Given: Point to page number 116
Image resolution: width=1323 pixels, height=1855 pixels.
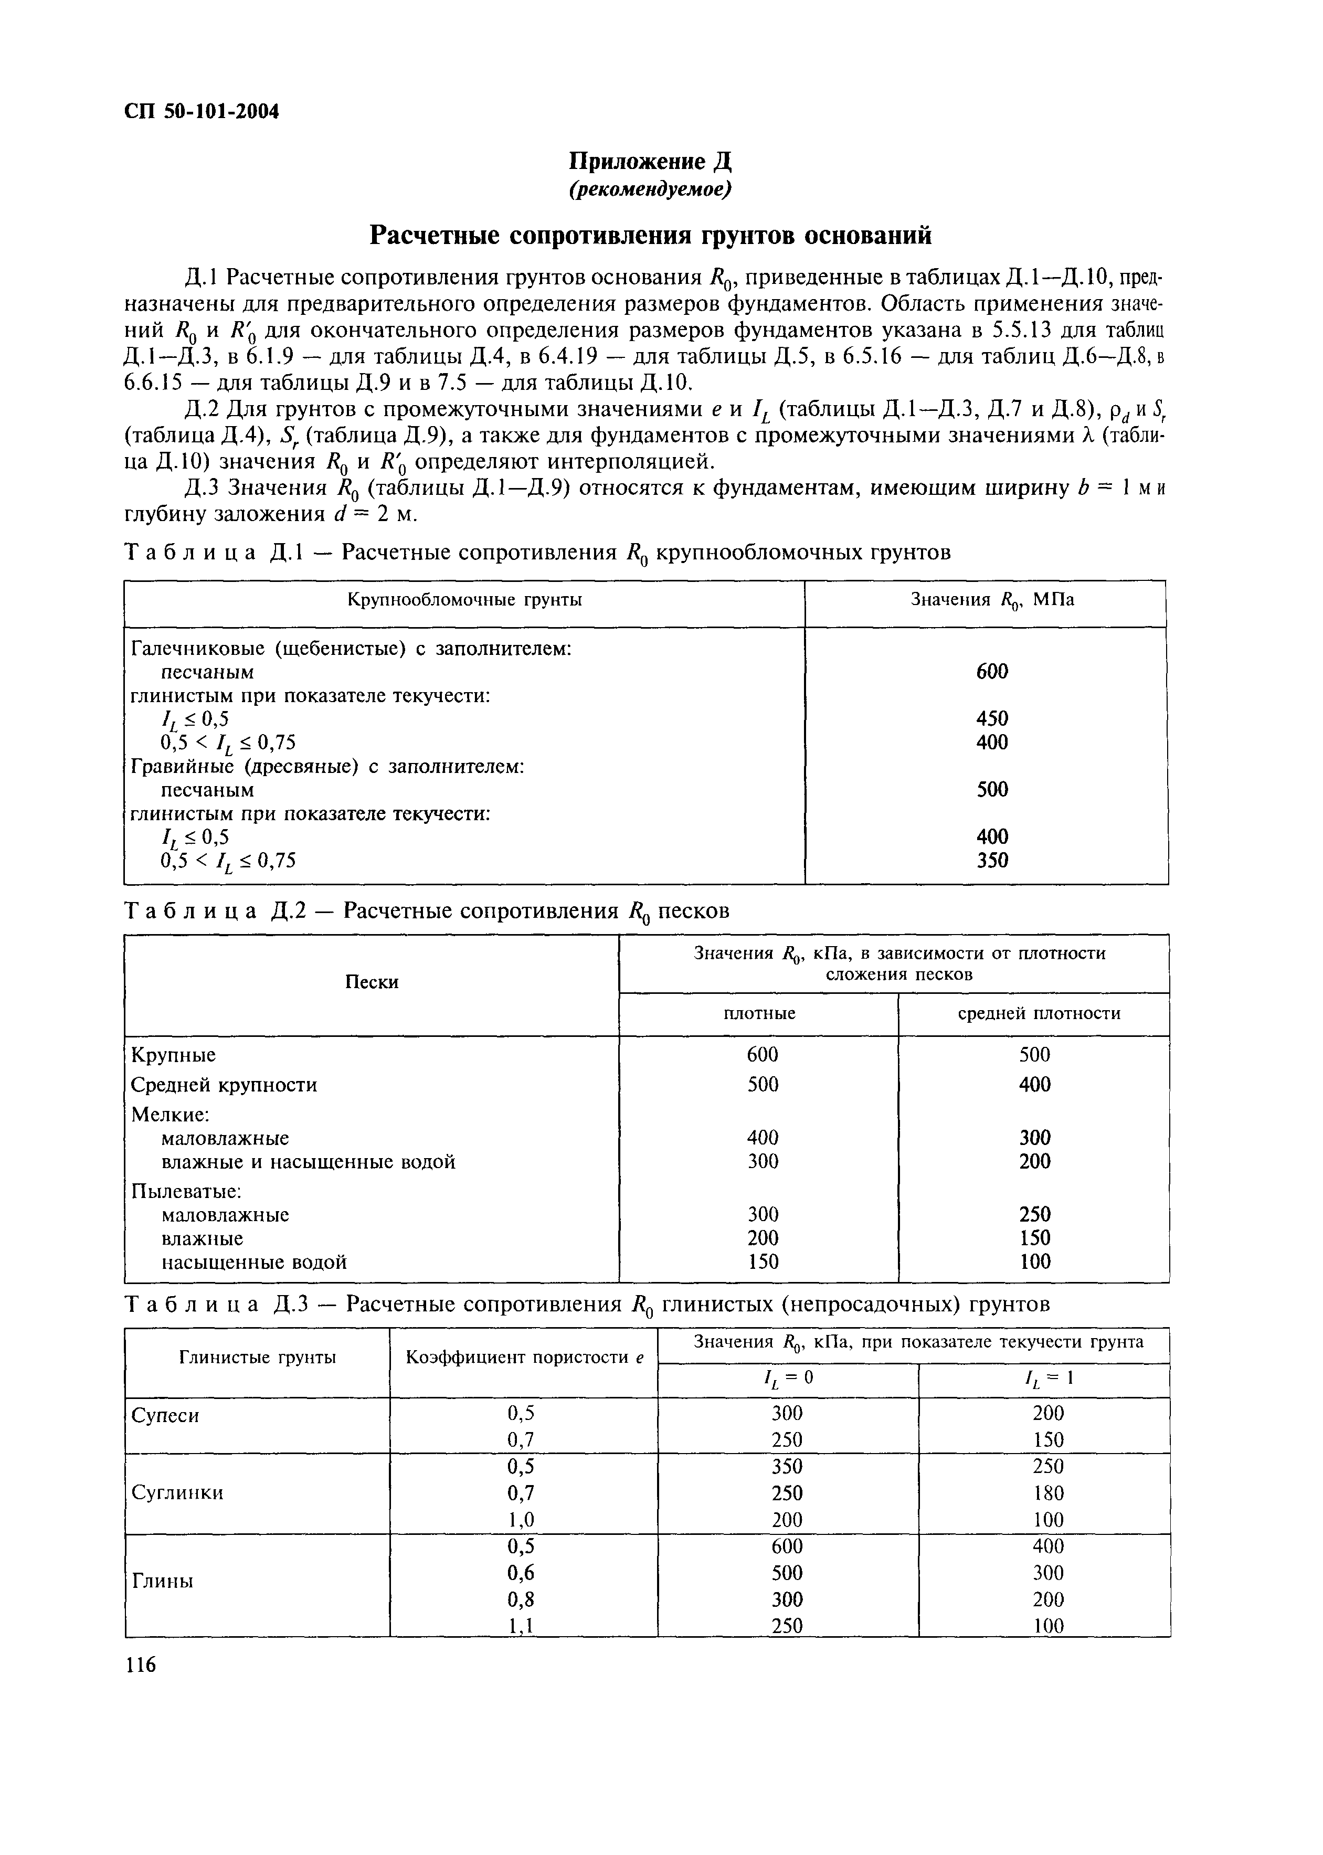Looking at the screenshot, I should [x=140, y=1665].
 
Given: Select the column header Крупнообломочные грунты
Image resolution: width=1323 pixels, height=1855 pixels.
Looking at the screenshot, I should [x=464, y=600].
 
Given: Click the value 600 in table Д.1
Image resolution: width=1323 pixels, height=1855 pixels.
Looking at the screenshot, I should [x=991, y=671].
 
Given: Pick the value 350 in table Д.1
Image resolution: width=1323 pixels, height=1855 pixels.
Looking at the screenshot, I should [x=991, y=860].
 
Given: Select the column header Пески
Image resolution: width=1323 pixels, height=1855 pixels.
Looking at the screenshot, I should [x=372, y=982].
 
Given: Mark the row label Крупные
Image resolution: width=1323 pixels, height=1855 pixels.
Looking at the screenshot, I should [x=174, y=1055].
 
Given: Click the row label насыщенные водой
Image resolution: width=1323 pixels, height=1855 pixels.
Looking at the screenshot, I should [x=253, y=1262].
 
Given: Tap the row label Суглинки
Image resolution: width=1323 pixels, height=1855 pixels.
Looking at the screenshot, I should [x=177, y=1492].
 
